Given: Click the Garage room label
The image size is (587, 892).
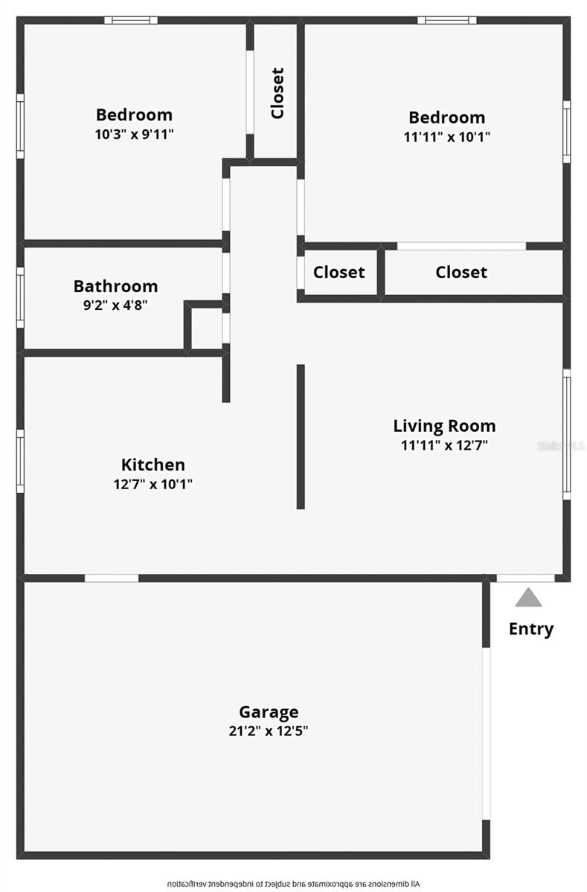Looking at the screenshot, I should click(269, 712).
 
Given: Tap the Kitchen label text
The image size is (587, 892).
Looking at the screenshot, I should click(153, 465).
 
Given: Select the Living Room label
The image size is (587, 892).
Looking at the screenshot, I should click(444, 426).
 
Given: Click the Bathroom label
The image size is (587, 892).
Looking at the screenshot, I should click(115, 286).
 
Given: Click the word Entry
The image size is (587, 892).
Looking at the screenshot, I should click(531, 629).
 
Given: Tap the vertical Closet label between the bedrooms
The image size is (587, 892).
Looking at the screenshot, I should click(278, 93).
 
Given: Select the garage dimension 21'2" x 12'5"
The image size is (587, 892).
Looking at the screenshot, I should click(269, 731).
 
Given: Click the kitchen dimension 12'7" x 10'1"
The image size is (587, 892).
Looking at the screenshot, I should click(153, 484).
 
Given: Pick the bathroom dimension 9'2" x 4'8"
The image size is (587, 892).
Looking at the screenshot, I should click(115, 305).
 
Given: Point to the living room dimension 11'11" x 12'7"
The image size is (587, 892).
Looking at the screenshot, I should click(444, 445).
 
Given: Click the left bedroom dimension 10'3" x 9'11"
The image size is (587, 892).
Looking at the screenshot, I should click(134, 134).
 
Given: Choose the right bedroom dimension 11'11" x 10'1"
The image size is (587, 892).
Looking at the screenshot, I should click(446, 137).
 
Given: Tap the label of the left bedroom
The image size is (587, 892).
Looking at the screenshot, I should click(134, 114).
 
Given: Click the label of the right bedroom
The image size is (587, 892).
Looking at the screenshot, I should click(446, 117).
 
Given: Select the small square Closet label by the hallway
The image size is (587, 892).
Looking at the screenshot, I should click(339, 272).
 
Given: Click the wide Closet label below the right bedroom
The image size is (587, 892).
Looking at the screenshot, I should click(461, 272).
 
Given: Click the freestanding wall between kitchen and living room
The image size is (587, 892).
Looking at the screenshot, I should click(301, 436).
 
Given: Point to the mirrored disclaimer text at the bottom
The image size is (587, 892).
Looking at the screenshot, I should click(293, 883).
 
